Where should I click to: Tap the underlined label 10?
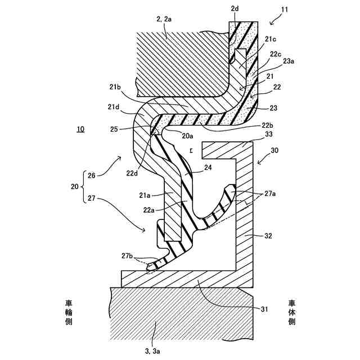80,129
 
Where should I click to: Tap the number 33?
268,134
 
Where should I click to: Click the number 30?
274,151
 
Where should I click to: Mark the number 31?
264,309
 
